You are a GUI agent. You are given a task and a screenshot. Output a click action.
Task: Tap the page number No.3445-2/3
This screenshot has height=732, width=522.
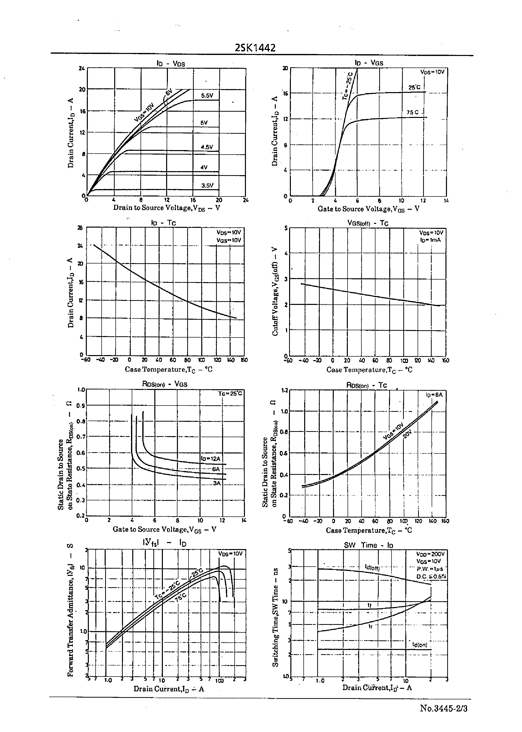pos(443,708)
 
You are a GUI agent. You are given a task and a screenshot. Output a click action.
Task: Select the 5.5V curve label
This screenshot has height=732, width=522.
pos(207,95)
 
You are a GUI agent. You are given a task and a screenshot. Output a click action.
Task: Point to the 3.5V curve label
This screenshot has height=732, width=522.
pos(207,185)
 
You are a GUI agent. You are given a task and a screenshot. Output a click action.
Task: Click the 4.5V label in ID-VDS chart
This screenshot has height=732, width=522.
pos(207,147)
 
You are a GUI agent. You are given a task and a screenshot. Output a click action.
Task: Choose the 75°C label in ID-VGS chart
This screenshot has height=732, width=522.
pos(413,112)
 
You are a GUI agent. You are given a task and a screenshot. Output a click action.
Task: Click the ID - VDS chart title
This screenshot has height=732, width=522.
pos(171,63)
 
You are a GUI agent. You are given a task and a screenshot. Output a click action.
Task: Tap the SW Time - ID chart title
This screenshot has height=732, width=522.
pos(368,545)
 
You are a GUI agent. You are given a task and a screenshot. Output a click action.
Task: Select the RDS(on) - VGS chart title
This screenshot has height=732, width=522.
pos(165,384)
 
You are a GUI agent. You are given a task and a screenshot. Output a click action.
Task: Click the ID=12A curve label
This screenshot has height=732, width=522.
pos(211,458)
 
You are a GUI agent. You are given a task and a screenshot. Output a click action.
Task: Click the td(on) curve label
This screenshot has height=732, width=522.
pos(419,645)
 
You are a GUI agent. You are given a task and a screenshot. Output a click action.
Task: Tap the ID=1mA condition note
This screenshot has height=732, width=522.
pos(430,240)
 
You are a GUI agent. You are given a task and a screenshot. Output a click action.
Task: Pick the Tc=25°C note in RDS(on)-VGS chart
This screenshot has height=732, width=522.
pos(230,393)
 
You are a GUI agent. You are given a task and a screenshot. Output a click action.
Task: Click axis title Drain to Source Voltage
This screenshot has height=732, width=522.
pos(166,208)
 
